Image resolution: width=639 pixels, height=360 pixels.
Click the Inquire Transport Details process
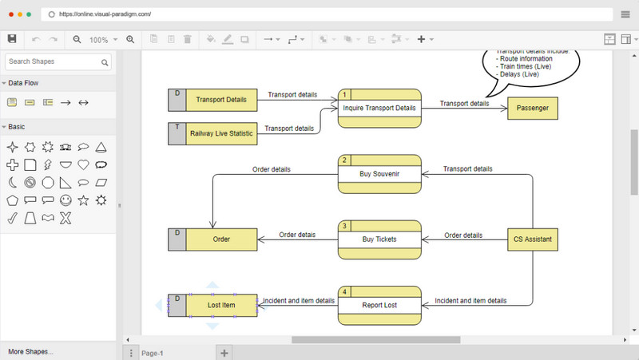tap(379, 108)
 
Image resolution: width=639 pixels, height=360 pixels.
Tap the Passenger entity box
tap(532, 108)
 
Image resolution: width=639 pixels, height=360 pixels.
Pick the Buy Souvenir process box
tap(379, 174)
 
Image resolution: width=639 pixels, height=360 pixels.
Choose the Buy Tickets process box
tap(379, 239)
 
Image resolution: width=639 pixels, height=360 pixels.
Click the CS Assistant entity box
tap(532, 239)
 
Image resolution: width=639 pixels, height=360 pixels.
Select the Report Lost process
tap(379, 306)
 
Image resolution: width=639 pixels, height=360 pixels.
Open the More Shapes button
tap(30, 351)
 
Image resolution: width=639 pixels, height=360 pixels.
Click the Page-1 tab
tap(153, 353)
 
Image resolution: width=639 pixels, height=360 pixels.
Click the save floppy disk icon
tap(12, 38)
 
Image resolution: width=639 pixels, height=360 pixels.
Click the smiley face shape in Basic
tap(65, 200)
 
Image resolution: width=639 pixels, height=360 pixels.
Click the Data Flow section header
tap(24, 83)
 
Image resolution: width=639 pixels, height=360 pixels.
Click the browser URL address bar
tap(319, 14)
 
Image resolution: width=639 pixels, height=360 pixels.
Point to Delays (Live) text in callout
tap(518, 73)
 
